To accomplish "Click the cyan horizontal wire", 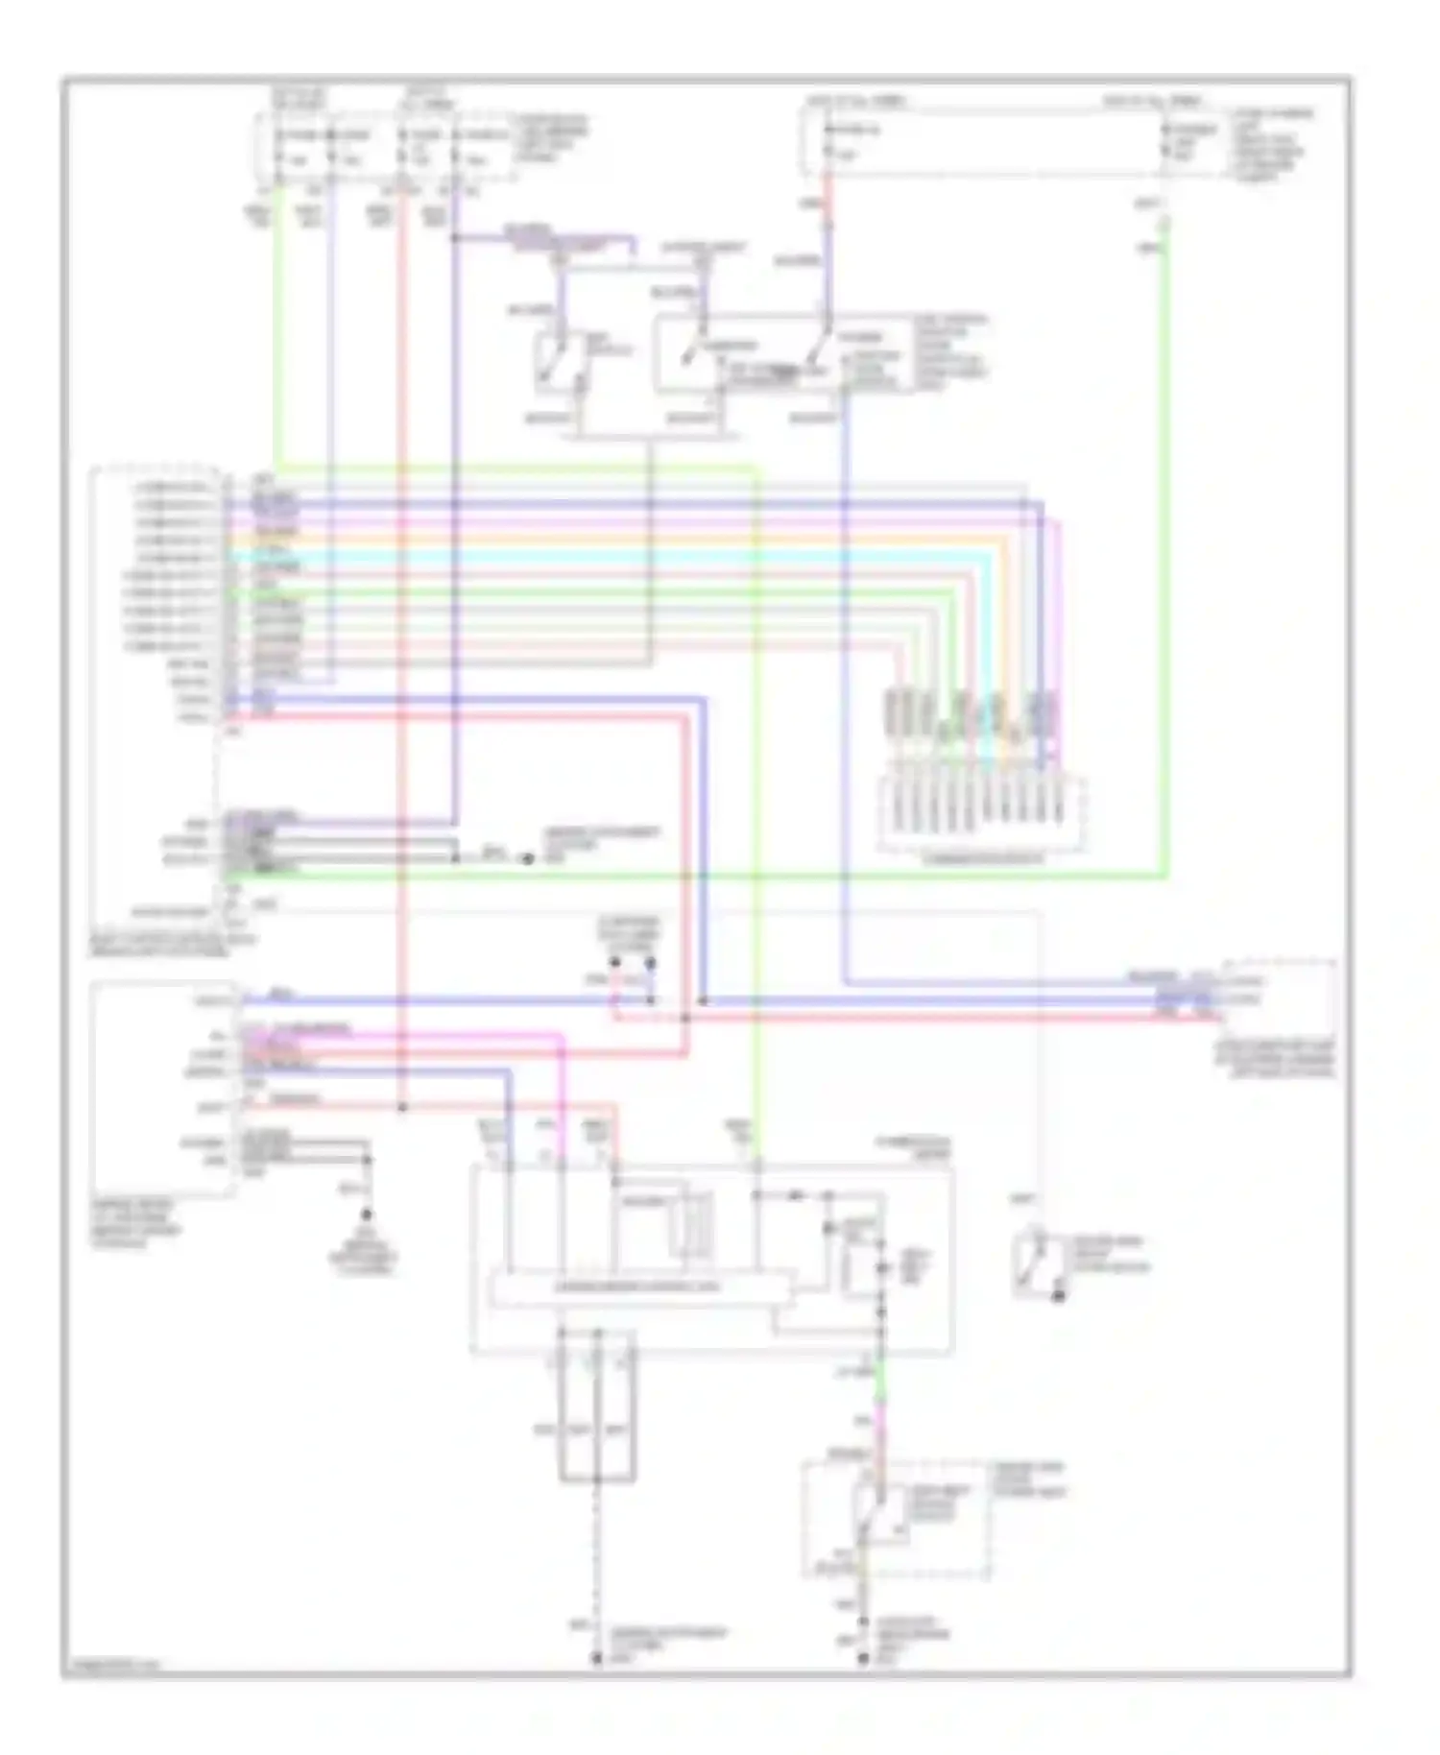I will [x=614, y=556].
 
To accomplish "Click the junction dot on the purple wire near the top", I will [x=455, y=237].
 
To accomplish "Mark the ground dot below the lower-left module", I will [x=366, y=1215].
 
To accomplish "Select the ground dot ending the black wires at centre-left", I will [x=527, y=858].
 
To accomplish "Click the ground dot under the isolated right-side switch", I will [x=1058, y=1297].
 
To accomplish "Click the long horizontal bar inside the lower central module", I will [x=641, y=1287].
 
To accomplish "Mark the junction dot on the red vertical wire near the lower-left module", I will [x=403, y=1108].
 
